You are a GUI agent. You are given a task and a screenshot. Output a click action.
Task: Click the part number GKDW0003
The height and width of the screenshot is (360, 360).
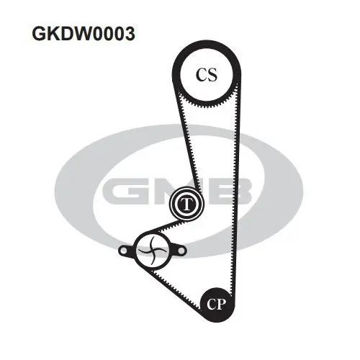pyautogui.click(x=84, y=34)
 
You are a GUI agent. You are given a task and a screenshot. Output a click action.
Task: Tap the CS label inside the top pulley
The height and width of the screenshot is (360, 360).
pyautogui.click(x=207, y=74)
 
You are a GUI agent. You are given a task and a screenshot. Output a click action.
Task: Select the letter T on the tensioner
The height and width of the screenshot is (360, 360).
pyautogui.click(x=186, y=204)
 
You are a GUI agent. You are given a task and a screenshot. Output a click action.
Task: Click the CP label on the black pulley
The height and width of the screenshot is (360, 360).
pyautogui.click(x=216, y=304)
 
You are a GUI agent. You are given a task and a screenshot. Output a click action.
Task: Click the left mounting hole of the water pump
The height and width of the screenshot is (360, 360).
pyautogui.click(x=124, y=251)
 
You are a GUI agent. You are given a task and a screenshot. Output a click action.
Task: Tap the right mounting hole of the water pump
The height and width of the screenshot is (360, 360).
pyautogui.click(x=181, y=251)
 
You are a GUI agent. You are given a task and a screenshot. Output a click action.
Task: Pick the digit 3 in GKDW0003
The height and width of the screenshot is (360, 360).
pyautogui.click(x=129, y=34)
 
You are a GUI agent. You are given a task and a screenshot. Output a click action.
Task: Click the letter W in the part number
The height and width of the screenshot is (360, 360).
pyautogui.click(x=78, y=34)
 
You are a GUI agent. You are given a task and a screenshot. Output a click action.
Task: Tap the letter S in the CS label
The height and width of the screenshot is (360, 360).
pyautogui.click(x=212, y=74)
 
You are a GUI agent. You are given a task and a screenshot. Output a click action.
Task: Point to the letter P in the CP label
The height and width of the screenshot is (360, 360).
pyautogui.click(x=222, y=304)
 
